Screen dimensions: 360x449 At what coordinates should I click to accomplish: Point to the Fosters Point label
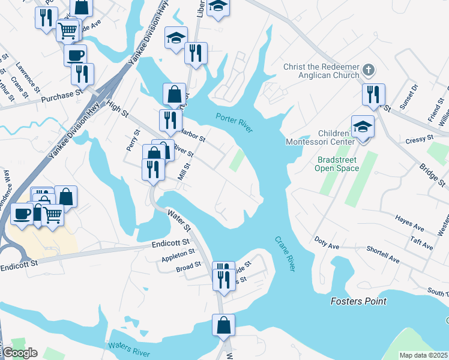(358, 301)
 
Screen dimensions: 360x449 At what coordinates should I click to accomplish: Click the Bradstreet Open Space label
(337, 164)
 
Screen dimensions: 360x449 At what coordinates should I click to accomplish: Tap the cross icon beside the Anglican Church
(369, 71)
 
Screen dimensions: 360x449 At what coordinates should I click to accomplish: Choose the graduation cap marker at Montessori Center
(363, 127)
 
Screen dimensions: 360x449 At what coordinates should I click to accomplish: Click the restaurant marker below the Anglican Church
(373, 95)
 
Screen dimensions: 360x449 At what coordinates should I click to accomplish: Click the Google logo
(20, 353)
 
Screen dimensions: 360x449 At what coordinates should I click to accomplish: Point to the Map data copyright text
(423, 355)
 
